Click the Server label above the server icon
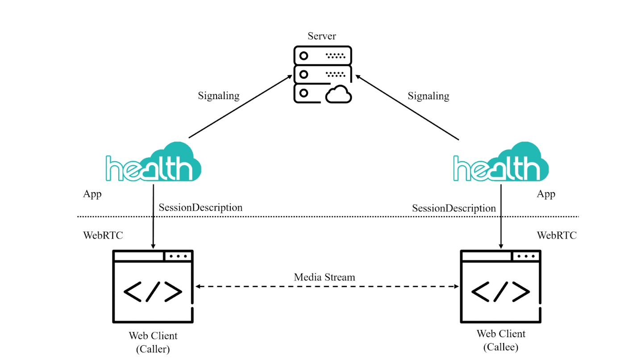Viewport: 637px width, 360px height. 322,36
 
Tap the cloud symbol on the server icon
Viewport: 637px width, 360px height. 338,94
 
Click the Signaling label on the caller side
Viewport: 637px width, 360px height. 219,96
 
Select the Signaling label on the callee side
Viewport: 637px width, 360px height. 428,96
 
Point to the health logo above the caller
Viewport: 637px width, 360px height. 153,162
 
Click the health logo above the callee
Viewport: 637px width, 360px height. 501,162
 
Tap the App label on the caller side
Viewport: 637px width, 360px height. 92,194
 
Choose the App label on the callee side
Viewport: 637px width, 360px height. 546,194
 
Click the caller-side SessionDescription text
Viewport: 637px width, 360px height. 200,207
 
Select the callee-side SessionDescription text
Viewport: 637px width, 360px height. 454,208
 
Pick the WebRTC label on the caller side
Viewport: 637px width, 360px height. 103,235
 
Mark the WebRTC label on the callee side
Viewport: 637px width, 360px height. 557,235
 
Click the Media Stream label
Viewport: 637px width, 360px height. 325,277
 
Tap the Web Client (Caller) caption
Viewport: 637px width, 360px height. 153,342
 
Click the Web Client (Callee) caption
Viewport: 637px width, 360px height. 501,340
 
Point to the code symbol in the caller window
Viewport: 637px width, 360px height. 153,292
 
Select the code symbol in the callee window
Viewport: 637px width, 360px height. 500,292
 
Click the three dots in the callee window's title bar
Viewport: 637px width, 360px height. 526,256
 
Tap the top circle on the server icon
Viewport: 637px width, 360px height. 304,55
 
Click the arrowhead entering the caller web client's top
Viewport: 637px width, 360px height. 153,247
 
